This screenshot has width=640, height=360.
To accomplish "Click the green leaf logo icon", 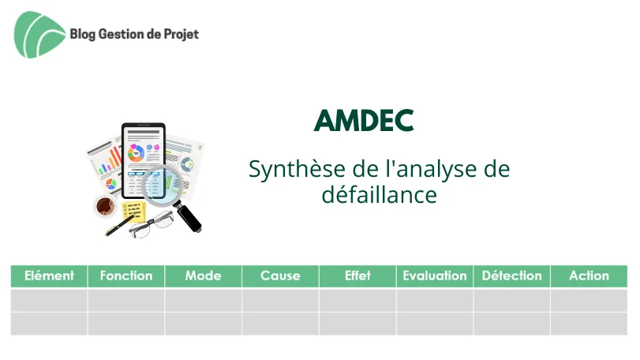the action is pos(39,35).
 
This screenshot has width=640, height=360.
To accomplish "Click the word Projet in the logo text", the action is pos(182,34).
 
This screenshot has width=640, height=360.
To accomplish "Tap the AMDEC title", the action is pos(364,121).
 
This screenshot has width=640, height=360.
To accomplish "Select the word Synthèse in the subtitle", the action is pos(298,169).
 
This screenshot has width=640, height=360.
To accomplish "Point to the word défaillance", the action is pos(379,195).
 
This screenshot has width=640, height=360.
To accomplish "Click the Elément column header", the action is pos(49,276).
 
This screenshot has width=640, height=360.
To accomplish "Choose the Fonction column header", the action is pos(126,276).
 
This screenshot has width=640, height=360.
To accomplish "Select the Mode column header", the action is pos(204,276).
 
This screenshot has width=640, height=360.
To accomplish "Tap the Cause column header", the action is pos(280,276).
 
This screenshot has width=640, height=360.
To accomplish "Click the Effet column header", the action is pos(357,276).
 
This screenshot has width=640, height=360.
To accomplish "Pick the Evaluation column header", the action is pos(435,276).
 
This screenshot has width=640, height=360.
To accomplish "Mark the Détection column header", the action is pos(512,276).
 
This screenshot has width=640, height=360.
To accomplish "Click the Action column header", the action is pos(589,276).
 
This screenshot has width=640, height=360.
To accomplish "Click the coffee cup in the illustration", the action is pos(105,205).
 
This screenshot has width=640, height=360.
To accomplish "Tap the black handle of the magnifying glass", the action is pos(188,216).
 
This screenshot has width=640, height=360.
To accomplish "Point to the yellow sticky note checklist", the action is pos(134,212).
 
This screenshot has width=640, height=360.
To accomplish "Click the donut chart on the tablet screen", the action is pos(136,153).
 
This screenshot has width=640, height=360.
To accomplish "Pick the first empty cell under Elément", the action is pos(49,301).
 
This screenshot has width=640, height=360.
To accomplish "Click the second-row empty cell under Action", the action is pos(589,324).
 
